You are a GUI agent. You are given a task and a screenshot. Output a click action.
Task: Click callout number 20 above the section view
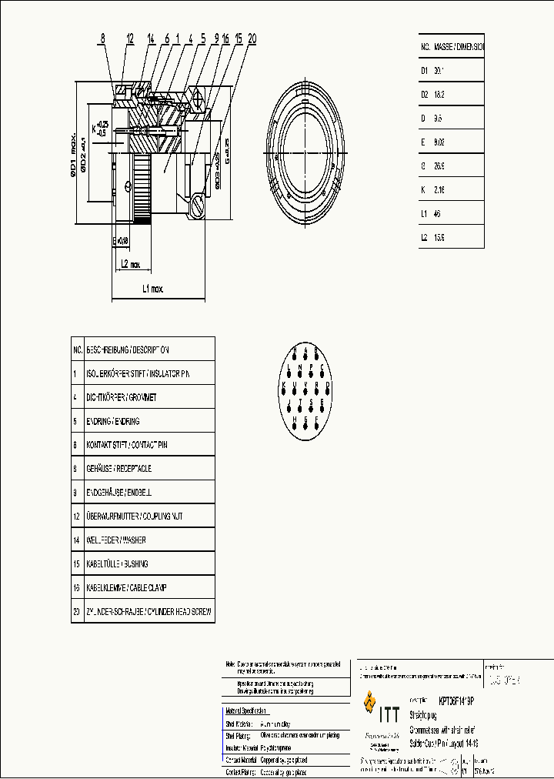click(x=252, y=37)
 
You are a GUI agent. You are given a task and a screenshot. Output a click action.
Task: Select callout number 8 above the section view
click(x=102, y=38)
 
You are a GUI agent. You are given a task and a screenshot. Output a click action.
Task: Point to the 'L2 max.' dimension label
click(x=130, y=264)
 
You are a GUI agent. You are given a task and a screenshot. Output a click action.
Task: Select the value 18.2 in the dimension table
click(x=439, y=94)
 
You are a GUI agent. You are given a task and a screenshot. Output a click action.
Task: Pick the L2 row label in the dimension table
click(x=424, y=238)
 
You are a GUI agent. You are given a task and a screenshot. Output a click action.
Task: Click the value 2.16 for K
click(x=439, y=189)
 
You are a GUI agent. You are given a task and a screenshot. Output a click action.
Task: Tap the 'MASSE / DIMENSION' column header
click(x=459, y=46)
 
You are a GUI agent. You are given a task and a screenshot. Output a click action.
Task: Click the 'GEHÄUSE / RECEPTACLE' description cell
click(x=119, y=468)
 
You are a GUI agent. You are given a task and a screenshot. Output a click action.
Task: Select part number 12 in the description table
click(x=77, y=516)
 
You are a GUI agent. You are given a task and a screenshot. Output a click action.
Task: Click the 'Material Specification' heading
click(x=245, y=710)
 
